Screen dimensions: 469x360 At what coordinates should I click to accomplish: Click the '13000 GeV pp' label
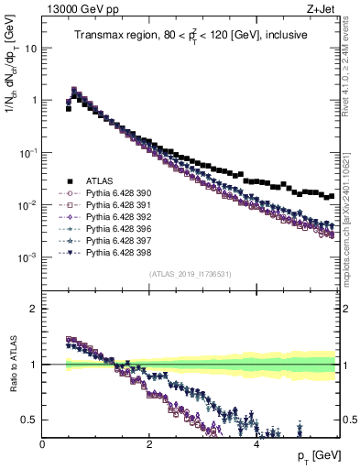[79, 9]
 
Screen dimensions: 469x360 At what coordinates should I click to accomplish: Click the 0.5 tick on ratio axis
[29, 420]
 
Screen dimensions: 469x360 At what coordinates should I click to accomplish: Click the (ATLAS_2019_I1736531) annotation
[191, 275]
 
